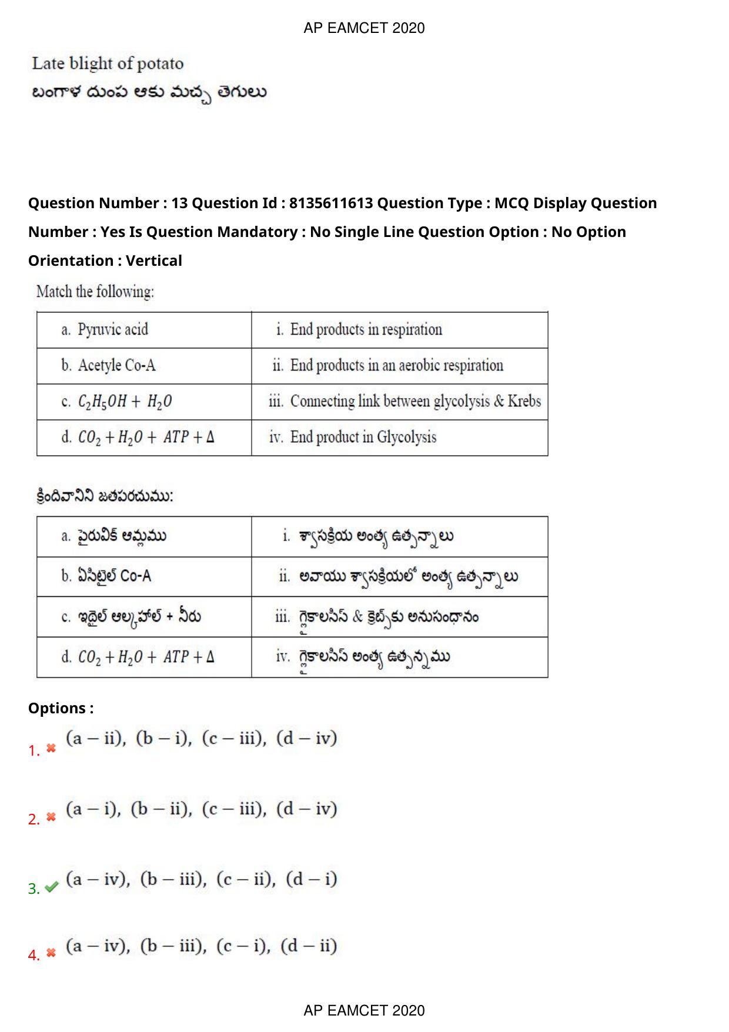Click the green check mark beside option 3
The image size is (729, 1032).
(52, 887)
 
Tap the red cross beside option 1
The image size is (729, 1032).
(51, 749)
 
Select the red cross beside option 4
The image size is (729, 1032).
(51, 953)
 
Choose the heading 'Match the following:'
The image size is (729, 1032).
(95, 292)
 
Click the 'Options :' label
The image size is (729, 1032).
(61, 708)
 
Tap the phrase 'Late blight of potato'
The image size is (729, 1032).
(108, 64)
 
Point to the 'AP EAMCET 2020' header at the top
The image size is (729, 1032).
(364, 28)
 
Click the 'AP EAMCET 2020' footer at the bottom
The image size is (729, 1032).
(364, 1010)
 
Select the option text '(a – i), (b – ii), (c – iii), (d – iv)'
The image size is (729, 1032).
(202, 810)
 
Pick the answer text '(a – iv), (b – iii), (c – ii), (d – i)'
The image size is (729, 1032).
(202, 880)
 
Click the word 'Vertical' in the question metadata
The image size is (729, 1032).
(154, 260)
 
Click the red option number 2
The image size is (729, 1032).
(34, 819)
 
